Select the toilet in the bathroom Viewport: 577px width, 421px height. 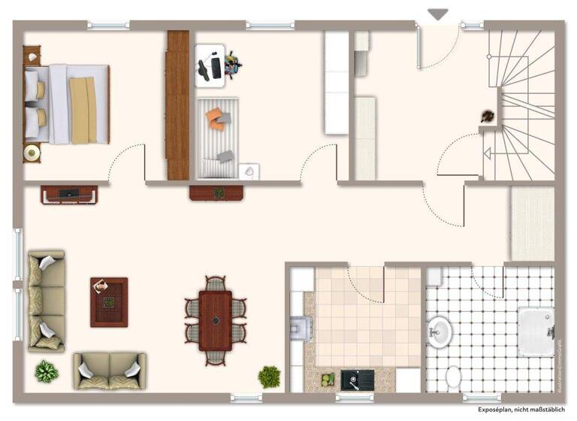click(453, 375)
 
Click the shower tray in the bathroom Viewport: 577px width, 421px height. click(535, 332)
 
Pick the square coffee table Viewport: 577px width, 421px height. click(109, 301)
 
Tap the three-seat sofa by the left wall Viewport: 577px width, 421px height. click(46, 301)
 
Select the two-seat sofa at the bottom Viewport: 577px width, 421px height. click(110, 370)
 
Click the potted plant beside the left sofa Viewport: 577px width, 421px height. click(47, 371)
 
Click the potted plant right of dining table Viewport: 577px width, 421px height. click(269, 376)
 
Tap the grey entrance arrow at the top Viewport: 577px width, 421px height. click(437, 14)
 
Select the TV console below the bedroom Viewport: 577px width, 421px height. click(68, 194)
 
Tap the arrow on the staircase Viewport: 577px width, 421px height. click(487, 154)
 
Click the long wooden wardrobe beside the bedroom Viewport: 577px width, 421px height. click(178, 104)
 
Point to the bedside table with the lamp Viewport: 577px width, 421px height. click(32, 153)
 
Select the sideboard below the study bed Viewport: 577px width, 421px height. click(216, 193)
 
